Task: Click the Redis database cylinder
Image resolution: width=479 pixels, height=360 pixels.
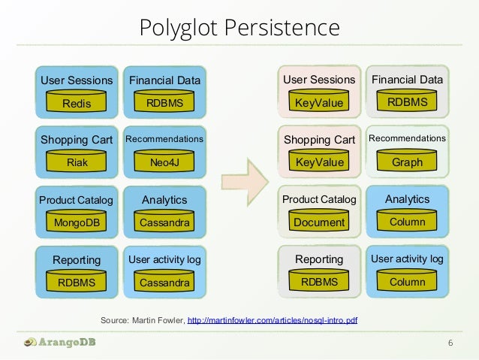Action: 77,103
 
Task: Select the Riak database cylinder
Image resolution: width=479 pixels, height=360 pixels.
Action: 77,162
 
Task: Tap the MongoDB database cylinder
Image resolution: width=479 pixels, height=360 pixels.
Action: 77,222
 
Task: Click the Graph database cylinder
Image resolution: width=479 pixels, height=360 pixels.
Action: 407,162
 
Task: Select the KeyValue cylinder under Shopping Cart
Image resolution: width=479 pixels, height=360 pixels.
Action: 319,162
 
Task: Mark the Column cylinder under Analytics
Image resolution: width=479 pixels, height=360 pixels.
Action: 407,222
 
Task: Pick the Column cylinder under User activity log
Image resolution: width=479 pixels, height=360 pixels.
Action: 407,282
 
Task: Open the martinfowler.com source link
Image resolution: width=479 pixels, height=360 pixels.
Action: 273,321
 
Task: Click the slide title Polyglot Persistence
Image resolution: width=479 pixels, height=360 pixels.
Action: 239,29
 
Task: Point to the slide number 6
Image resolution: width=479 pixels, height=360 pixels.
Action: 450,344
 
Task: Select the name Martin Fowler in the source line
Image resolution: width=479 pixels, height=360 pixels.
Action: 157,321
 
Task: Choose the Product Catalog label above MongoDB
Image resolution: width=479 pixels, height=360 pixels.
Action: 76,200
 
